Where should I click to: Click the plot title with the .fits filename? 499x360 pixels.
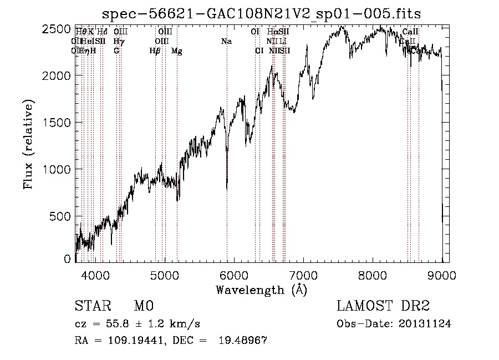click(x=262, y=13)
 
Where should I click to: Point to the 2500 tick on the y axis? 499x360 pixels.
click(x=58, y=29)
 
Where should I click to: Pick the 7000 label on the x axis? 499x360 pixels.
click(x=303, y=275)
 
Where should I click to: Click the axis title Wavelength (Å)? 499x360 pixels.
click(x=261, y=290)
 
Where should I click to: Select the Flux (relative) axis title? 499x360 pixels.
click(x=29, y=144)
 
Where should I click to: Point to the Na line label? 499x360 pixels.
click(x=226, y=42)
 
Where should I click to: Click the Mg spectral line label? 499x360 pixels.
click(x=176, y=51)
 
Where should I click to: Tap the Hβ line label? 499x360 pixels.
click(x=155, y=51)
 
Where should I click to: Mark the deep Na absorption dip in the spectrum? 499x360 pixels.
click(x=227, y=186)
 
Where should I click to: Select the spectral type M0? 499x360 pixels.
click(x=143, y=306)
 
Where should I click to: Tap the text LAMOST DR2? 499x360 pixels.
click(x=383, y=306)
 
